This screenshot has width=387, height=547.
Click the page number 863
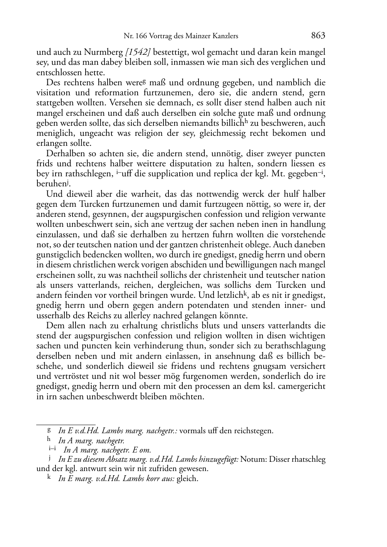[318, 36]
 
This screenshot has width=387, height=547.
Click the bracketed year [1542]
[138, 52]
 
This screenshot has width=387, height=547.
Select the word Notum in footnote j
[253, 459]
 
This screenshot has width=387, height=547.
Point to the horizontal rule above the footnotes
[66, 424]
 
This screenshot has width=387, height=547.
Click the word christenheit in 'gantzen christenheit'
[260, 245]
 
